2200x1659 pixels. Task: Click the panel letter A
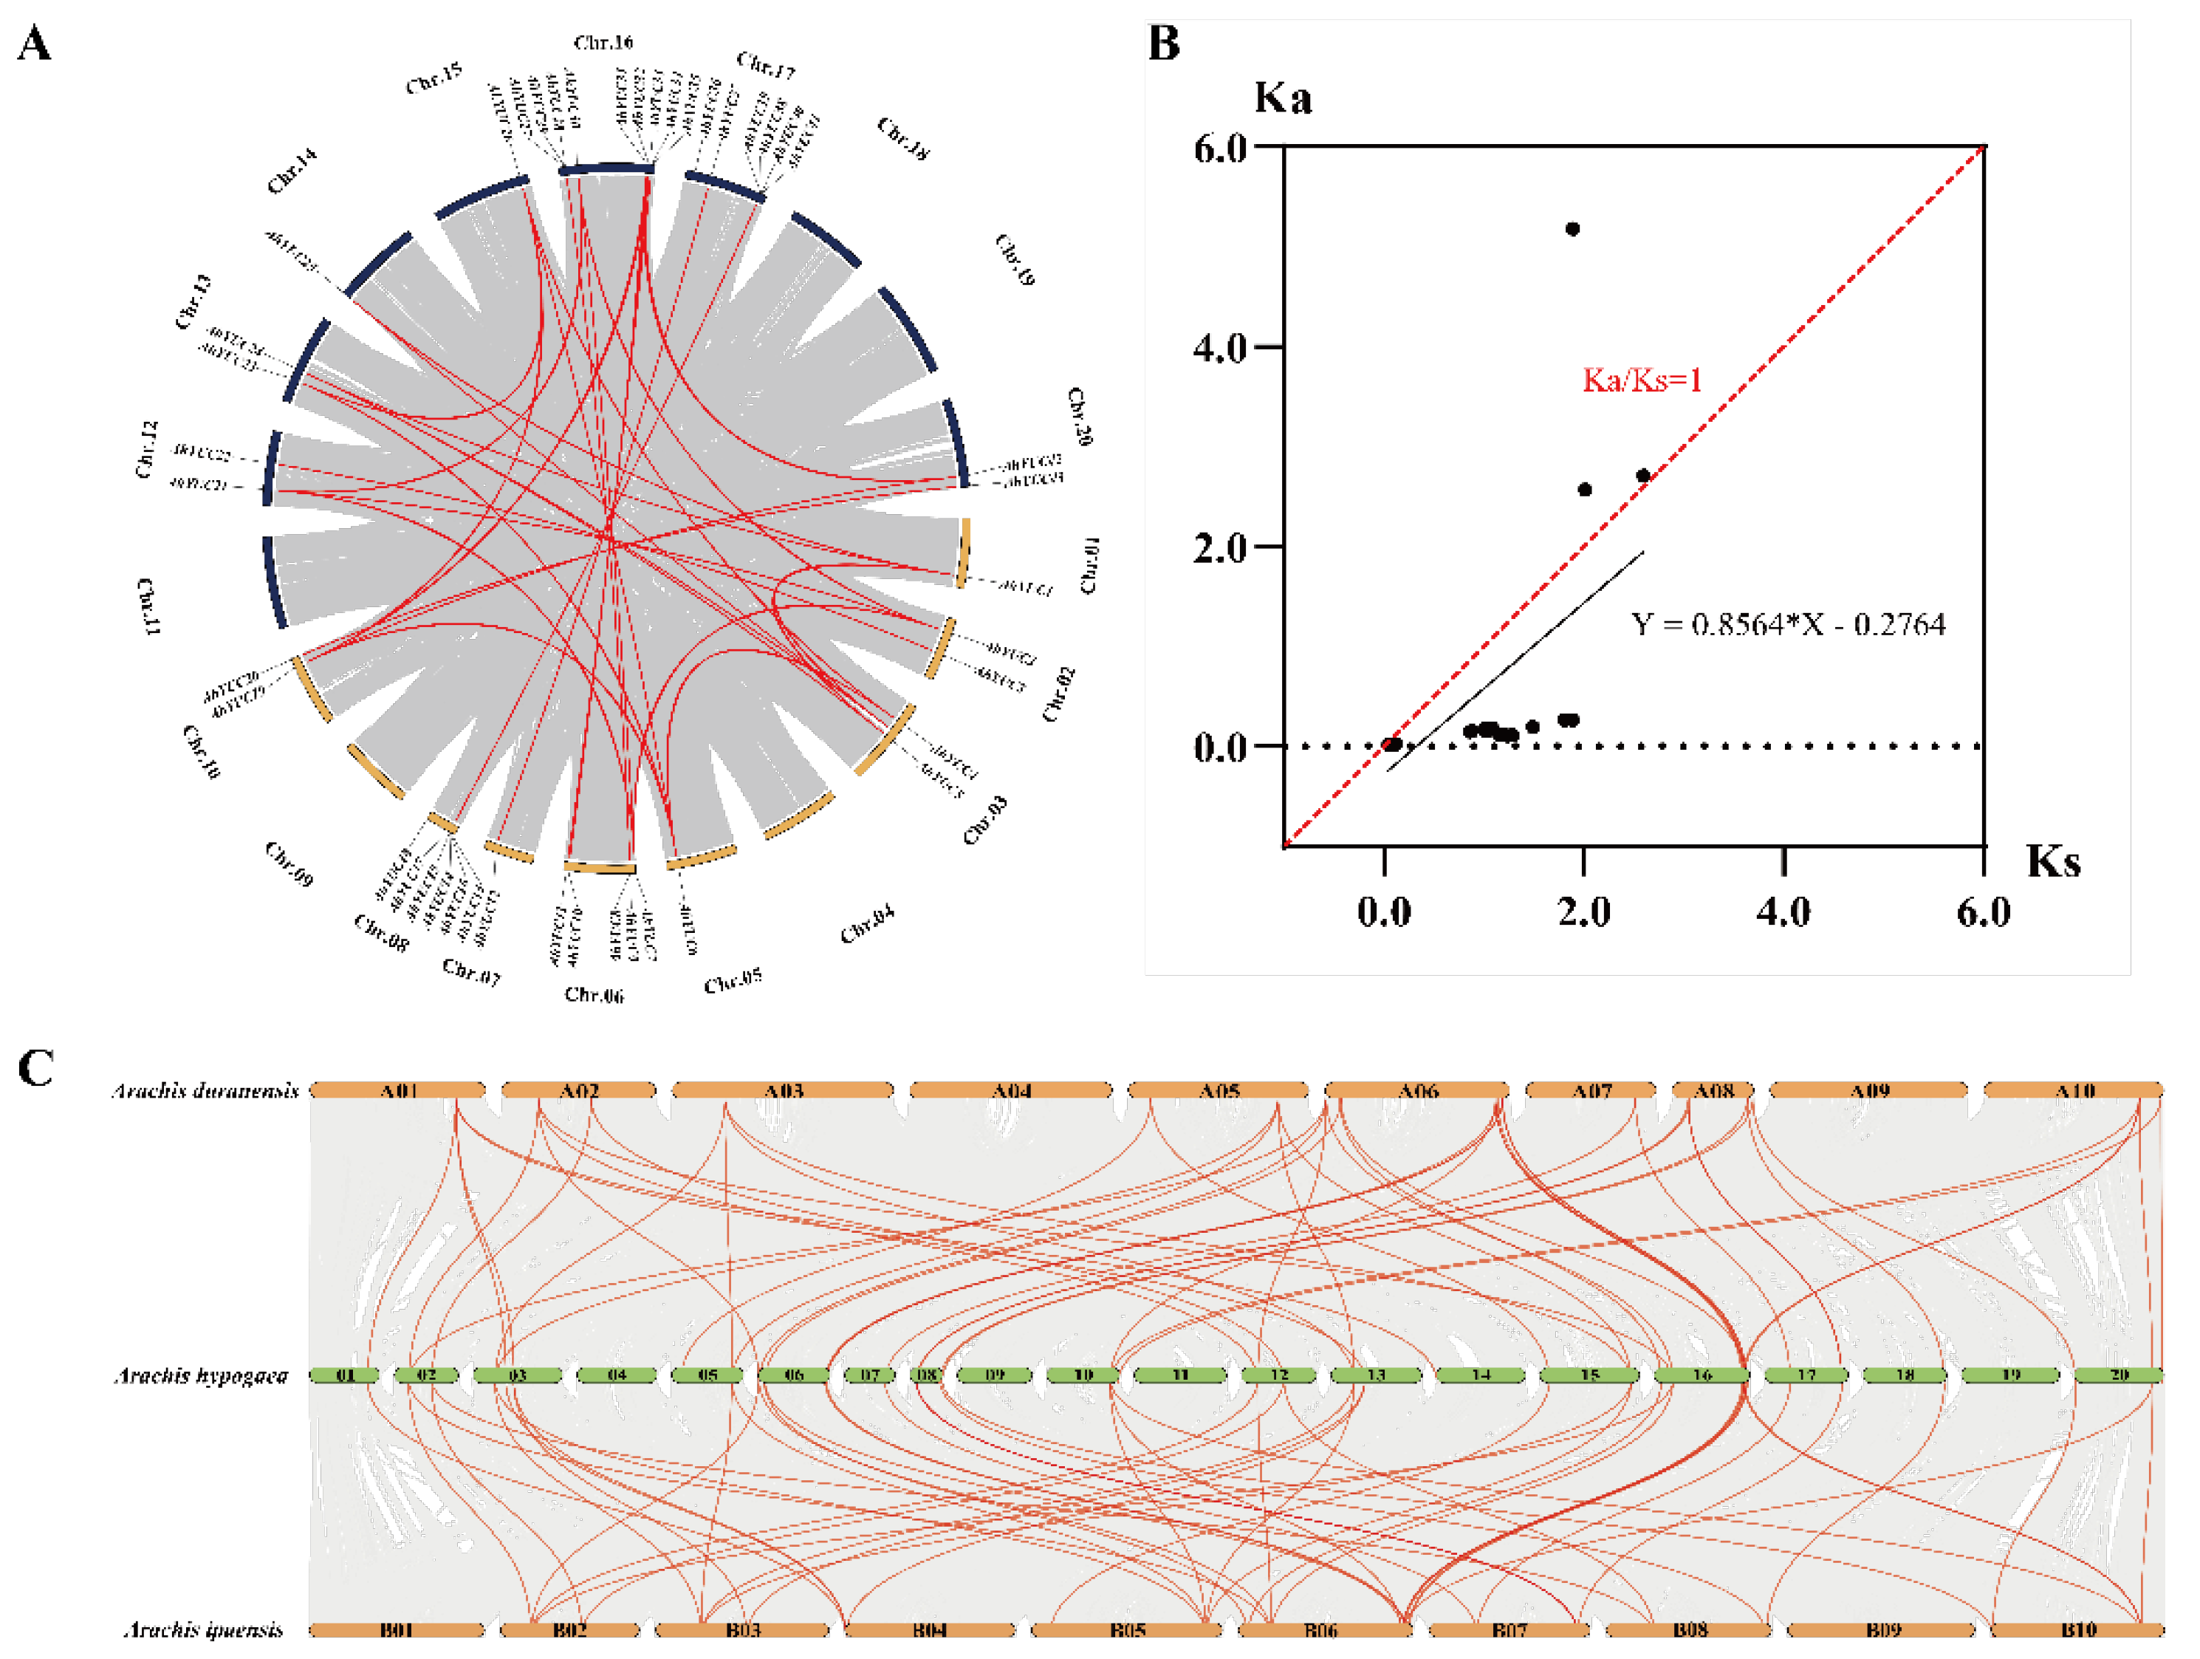[x=34, y=45]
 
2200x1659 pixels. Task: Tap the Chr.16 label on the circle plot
[x=603, y=43]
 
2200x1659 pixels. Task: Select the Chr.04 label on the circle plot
[x=866, y=924]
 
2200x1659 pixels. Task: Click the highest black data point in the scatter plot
[x=1572, y=229]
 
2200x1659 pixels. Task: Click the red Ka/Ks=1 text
[x=1642, y=380]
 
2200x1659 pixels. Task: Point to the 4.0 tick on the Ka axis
[x=1220, y=348]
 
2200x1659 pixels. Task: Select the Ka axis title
[x=1283, y=98]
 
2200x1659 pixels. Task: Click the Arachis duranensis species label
[x=205, y=1091]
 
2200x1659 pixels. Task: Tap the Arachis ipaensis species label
[x=203, y=1630]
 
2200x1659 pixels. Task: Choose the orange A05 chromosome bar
[x=1219, y=1090]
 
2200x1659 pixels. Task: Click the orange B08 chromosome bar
[x=1689, y=1629]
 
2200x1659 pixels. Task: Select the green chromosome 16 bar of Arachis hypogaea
[x=1702, y=1375]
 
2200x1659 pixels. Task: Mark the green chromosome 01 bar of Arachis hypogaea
[x=344, y=1375]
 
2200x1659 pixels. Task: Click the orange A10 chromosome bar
[x=2074, y=1090]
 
